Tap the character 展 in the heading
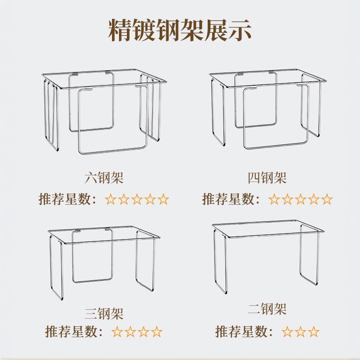coord(209,30)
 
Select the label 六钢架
coord(104,178)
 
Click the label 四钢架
coord(267,178)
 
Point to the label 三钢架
coord(104,313)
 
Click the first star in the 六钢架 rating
coord(111,200)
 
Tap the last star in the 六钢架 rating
coord(163,200)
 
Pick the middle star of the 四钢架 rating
coord(301,200)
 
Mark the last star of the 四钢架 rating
coord(327,200)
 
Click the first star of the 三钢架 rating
coord(117,332)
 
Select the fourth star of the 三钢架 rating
coord(157,332)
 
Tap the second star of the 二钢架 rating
coord(301,332)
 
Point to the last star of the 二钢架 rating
coord(314,332)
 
